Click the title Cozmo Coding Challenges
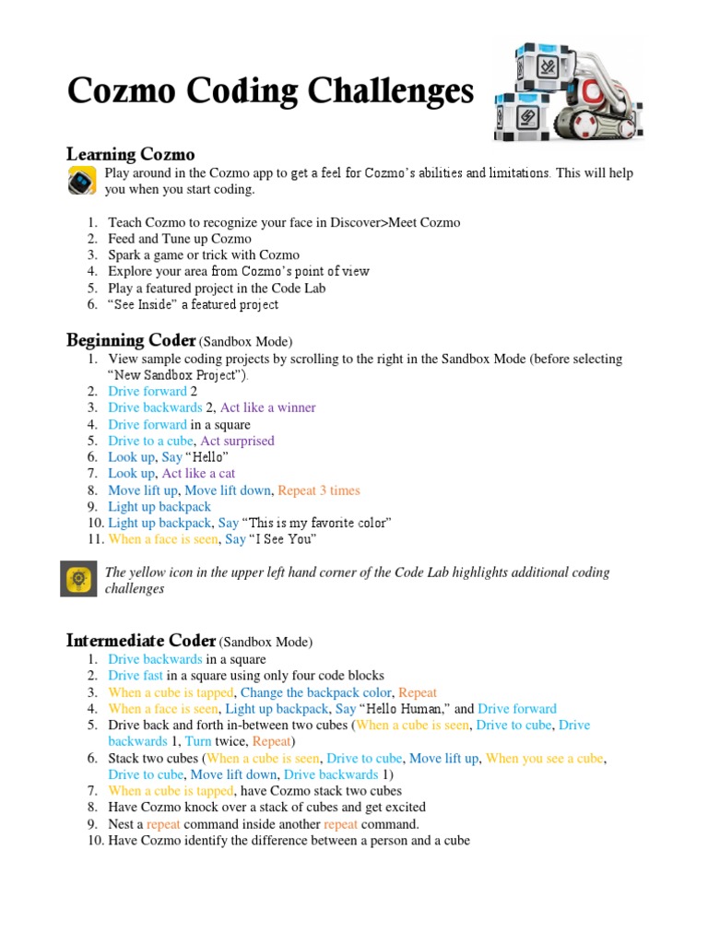270,91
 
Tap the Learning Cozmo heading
130,154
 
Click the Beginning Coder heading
131,341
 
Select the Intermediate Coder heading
141,641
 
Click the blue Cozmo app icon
82,181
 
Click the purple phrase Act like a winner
267,407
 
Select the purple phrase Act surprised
237,441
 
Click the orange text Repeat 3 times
318,490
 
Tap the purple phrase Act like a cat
198,474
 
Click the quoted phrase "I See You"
283,539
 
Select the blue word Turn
198,741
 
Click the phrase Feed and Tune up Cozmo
180,239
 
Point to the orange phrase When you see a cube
545,758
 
